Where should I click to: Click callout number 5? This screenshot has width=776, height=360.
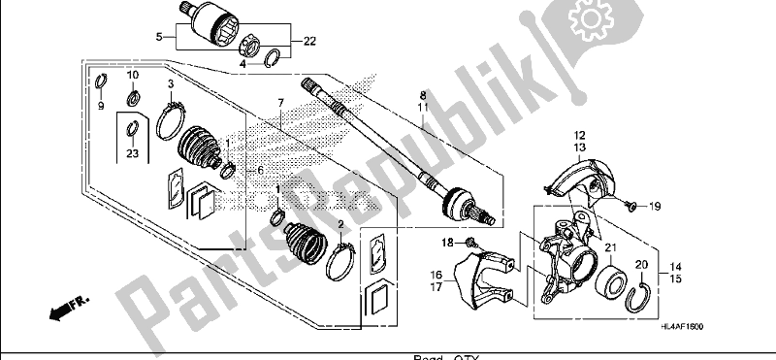[160, 38]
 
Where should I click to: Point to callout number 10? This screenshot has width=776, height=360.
[134, 75]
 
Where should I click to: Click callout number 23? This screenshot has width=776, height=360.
[132, 152]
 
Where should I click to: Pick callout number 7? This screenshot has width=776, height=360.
[278, 102]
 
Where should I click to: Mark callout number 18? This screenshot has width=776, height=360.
[447, 242]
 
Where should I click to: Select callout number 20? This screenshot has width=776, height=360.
[641, 264]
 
